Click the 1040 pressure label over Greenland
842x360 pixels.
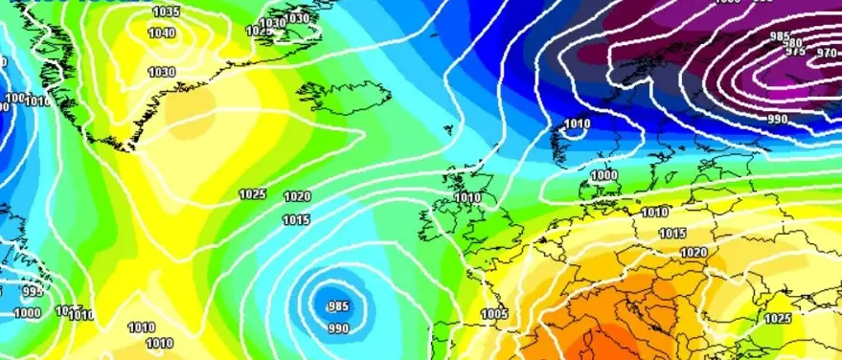click(x=162, y=33)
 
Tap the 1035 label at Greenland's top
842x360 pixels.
click(x=166, y=11)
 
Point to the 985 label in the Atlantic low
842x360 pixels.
click(x=337, y=306)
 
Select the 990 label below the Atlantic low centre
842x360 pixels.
click(x=338, y=328)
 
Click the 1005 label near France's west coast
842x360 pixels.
click(x=494, y=314)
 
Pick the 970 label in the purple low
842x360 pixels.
click(x=826, y=54)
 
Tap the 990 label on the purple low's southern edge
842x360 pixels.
click(x=778, y=119)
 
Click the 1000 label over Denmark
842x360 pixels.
click(x=603, y=176)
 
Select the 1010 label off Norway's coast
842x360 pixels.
click(x=577, y=124)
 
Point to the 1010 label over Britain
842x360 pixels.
click(x=467, y=198)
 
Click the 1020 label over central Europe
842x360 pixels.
click(x=694, y=253)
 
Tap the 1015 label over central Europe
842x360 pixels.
click(x=672, y=234)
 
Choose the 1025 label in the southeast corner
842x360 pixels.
click(x=778, y=318)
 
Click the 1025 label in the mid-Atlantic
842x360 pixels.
click(x=252, y=194)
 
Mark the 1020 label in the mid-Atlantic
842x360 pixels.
click(x=297, y=197)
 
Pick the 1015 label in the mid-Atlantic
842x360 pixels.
click(x=296, y=221)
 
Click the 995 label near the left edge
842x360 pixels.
click(x=32, y=292)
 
